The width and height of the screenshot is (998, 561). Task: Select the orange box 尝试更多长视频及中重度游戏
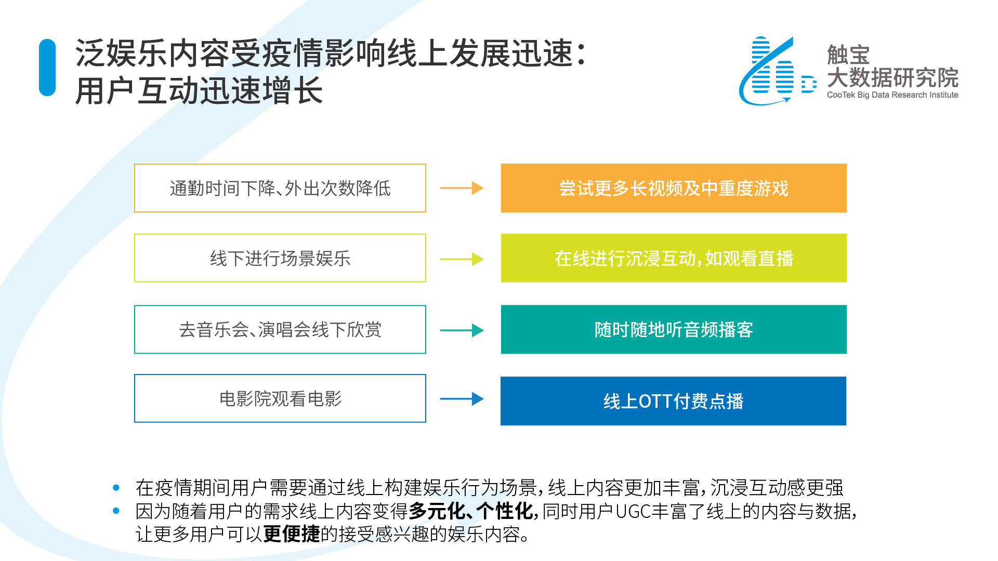coord(674,188)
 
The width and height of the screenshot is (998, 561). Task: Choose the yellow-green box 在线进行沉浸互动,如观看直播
coord(674,258)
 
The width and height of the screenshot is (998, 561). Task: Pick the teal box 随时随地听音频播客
coord(674,329)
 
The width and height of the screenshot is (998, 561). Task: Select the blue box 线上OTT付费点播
coord(673,401)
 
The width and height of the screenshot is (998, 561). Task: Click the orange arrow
coord(462,188)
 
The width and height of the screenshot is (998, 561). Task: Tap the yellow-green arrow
coord(462,259)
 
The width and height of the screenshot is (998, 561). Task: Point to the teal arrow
coord(462,330)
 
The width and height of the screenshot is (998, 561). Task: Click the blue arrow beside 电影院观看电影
coord(462,399)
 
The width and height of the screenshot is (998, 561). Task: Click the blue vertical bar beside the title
coord(47,68)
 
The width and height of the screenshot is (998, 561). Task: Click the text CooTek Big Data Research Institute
coord(892,95)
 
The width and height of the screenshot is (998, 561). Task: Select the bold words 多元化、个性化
coord(470,511)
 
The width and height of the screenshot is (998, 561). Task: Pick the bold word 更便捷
coord(292,534)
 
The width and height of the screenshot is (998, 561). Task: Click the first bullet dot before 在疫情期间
coord(116,488)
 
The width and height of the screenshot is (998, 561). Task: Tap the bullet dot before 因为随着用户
coord(116,511)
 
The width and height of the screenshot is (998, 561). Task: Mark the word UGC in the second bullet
coord(633,512)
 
